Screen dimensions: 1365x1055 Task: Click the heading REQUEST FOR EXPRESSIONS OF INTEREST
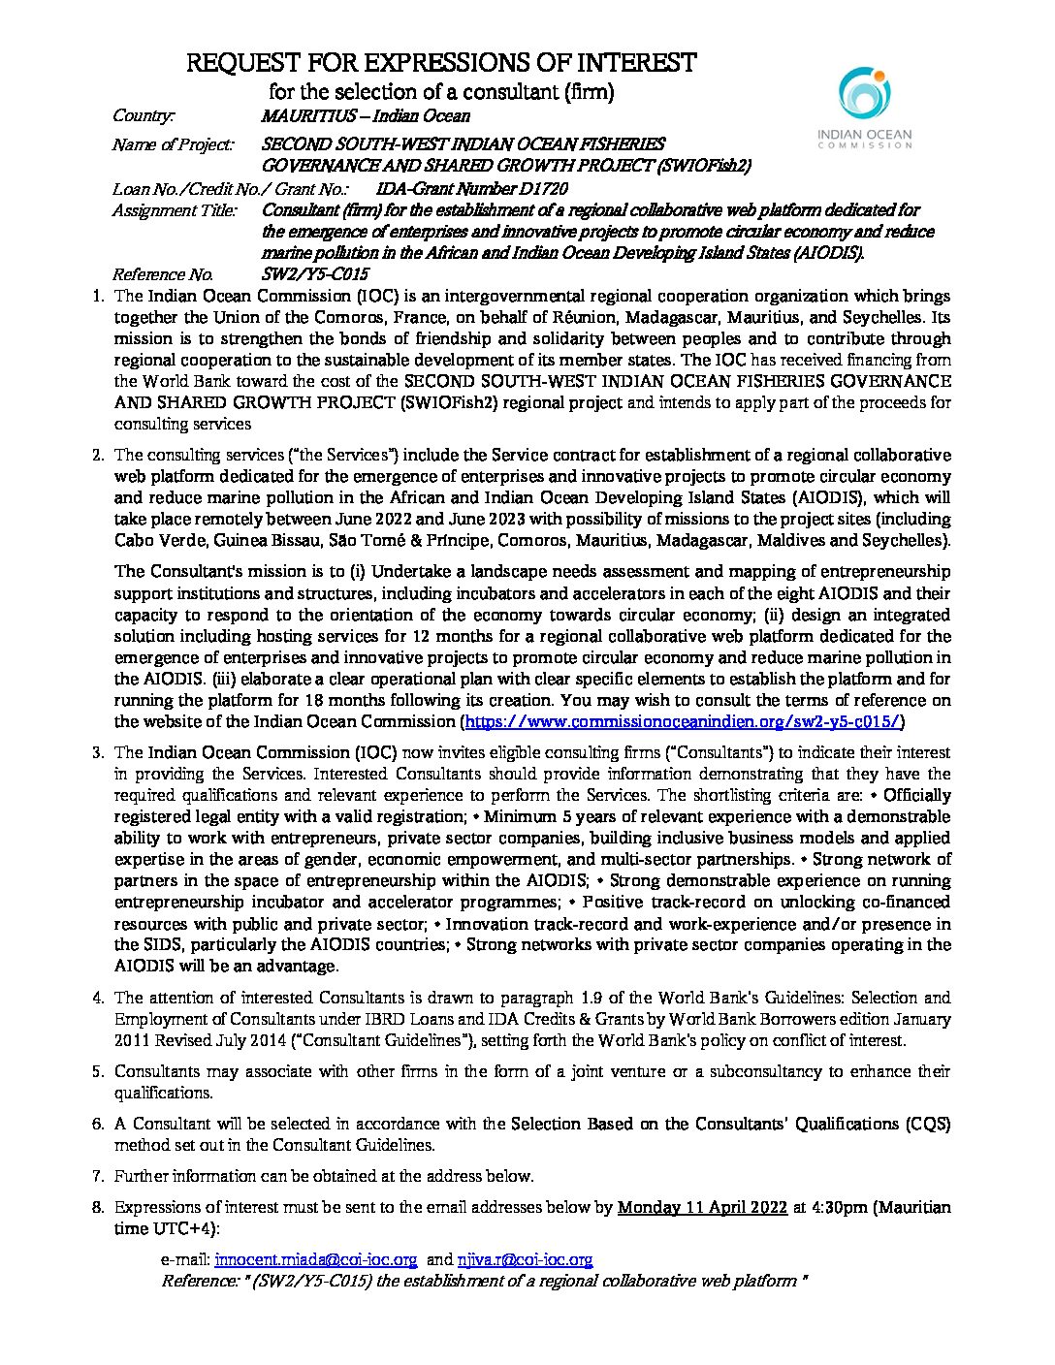tap(441, 64)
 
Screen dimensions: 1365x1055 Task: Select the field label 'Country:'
tap(144, 116)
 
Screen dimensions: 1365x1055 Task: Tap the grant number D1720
tap(533, 189)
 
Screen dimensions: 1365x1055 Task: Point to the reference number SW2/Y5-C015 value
tap(315, 274)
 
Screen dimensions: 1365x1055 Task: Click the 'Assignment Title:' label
tap(175, 210)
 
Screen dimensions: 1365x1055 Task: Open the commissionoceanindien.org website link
tap(684, 721)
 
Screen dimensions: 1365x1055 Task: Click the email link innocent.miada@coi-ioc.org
tap(316, 1259)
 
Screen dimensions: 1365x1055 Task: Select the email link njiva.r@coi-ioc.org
tap(525, 1259)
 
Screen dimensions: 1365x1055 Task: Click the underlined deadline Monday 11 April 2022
tap(702, 1207)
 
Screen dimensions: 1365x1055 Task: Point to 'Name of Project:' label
tap(173, 145)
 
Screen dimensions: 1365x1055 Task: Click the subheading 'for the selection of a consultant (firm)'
tap(441, 93)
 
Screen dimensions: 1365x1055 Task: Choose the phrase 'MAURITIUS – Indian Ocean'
tap(366, 116)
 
